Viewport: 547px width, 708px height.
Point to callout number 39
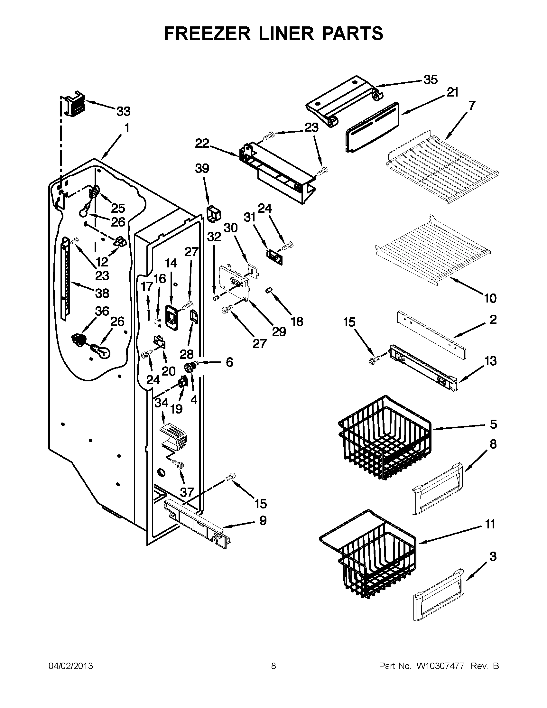(201, 169)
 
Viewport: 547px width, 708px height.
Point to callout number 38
(102, 293)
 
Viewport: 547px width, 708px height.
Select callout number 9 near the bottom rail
(263, 521)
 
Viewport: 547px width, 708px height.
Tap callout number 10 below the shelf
(490, 298)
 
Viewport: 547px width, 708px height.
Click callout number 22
(202, 144)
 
